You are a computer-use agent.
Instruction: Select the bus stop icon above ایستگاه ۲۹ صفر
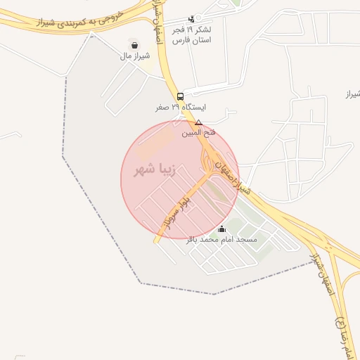[x=181, y=96]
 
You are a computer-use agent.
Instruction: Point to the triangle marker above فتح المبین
[x=198, y=122]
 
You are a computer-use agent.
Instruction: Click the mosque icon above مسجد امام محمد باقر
[x=222, y=229]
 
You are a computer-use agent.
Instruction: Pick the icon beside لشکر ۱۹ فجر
[x=191, y=19]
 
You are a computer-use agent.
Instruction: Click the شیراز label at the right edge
[x=352, y=94]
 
